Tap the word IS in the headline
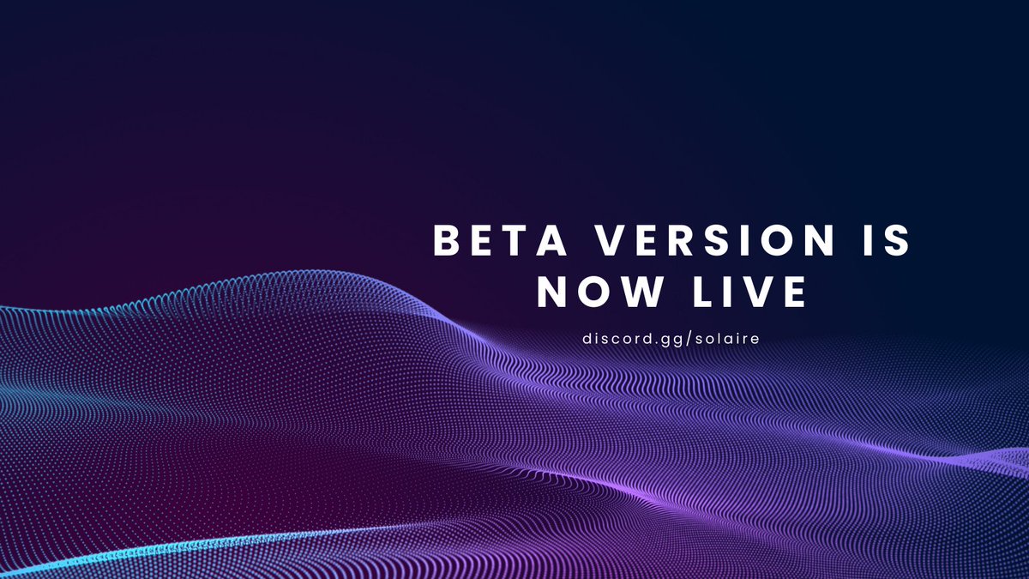coord(882,241)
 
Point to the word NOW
coord(599,293)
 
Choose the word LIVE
coord(748,293)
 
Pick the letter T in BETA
coord(514,241)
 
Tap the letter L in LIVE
coord(697,293)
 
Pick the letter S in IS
coord(895,241)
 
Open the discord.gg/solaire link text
coord(671,339)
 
